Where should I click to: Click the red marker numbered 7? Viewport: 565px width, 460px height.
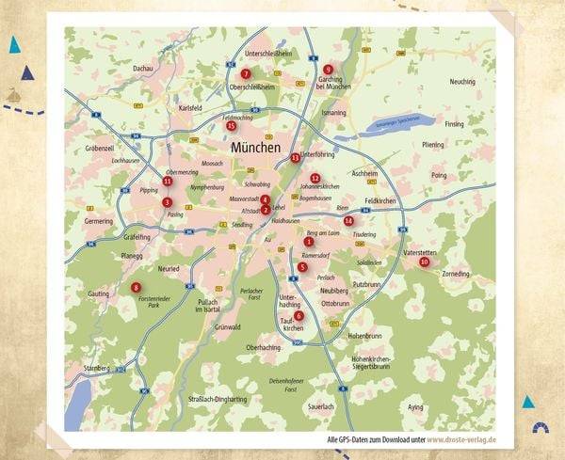(245, 73)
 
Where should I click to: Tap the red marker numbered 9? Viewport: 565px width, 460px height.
(328, 70)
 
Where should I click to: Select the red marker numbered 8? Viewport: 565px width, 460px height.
(137, 288)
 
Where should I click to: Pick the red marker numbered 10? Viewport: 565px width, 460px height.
(425, 262)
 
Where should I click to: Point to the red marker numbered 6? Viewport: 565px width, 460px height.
(299, 316)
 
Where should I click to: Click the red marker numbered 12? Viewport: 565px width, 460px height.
(315, 178)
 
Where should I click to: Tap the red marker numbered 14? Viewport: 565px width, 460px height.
(348, 221)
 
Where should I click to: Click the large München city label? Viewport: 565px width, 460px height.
(255, 148)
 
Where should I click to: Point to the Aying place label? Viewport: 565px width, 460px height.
(415, 407)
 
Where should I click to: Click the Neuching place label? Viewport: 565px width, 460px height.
(462, 82)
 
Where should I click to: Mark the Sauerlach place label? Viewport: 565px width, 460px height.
(321, 406)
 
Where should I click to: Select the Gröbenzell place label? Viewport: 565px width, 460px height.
(99, 149)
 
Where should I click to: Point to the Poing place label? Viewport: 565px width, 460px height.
(439, 175)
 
